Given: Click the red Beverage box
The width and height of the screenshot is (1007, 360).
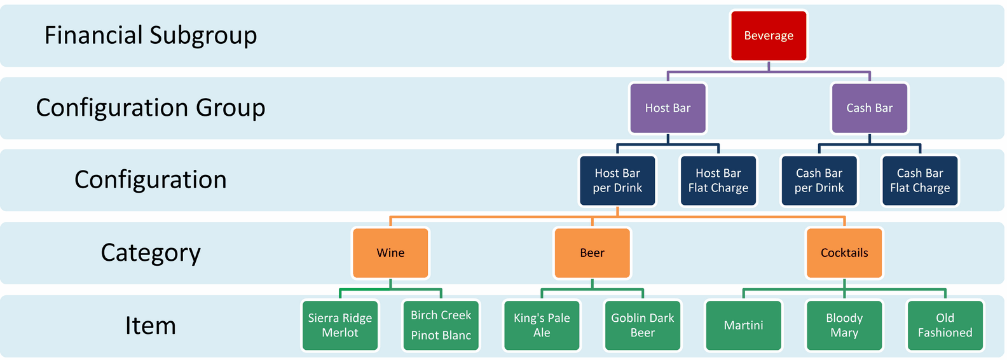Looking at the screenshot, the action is (769, 36).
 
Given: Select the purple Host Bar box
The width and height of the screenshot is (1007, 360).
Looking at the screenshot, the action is (668, 108).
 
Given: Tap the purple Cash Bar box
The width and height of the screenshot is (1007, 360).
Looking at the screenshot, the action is (870, 108).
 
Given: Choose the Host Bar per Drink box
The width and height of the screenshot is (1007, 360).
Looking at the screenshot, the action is (617, 181).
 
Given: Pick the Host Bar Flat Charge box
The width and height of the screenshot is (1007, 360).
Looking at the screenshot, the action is (718, 181).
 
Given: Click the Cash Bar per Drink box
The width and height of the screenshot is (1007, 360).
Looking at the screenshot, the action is (819, 181).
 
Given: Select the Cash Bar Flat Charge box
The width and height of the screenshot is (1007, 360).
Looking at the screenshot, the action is (920, 181).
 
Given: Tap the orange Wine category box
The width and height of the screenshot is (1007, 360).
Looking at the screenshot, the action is (390, 253).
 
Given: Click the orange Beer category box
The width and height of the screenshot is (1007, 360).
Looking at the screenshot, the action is (592, 253).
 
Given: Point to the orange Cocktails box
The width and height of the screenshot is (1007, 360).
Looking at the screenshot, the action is (844, 253).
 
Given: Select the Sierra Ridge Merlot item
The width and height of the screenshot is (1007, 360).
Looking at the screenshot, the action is (340, 326).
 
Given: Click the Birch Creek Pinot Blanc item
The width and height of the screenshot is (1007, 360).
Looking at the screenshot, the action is (441, 326).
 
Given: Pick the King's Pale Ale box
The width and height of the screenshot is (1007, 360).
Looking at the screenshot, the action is (542, 326).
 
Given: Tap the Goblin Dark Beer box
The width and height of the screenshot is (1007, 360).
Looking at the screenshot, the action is (643, 326).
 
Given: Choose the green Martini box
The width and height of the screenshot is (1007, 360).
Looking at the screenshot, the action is (744, 326).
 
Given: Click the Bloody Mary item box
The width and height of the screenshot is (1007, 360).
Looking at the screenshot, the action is (844, 326).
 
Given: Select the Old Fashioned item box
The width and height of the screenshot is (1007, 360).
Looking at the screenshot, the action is (945, 326).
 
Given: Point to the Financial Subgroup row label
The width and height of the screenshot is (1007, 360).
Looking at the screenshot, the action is (151, 36).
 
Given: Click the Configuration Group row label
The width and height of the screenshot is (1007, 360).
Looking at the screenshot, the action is (151, 108).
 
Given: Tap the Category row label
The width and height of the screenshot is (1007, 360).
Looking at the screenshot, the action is (151, 253).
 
